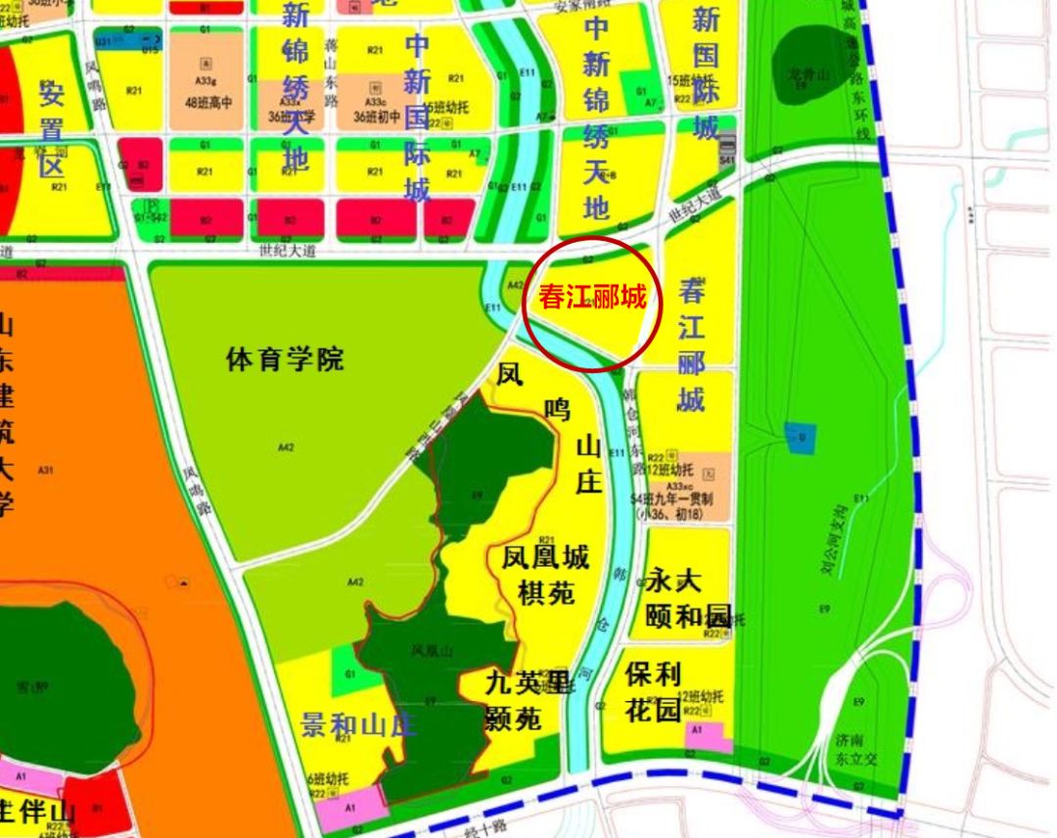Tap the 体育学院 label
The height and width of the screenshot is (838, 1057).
click(285, 359)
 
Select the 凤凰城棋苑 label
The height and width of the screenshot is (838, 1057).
click(545, 575)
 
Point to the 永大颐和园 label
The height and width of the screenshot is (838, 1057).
click(688, 598)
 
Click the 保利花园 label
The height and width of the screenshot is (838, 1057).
click(653, 692)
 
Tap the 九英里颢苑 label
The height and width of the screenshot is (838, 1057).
click(527, 701)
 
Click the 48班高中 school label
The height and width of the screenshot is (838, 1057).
click(207, 102)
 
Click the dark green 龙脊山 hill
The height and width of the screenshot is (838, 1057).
click(811, 72)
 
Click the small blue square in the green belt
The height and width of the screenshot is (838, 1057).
click(801, 433)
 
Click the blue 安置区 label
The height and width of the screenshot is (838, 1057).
click(51, 128)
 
